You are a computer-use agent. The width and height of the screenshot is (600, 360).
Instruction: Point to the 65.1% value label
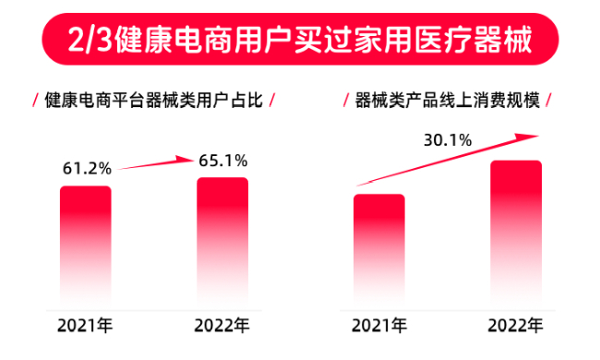coord(222,160)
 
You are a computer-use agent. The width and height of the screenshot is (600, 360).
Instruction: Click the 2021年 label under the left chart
coord(87,326)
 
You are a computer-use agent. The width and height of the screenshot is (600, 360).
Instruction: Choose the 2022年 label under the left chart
coord(222,326)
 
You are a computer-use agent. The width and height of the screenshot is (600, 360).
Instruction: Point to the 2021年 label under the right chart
coord(379,326)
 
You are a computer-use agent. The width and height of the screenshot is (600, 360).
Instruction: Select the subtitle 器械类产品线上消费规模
coord(447,99)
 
